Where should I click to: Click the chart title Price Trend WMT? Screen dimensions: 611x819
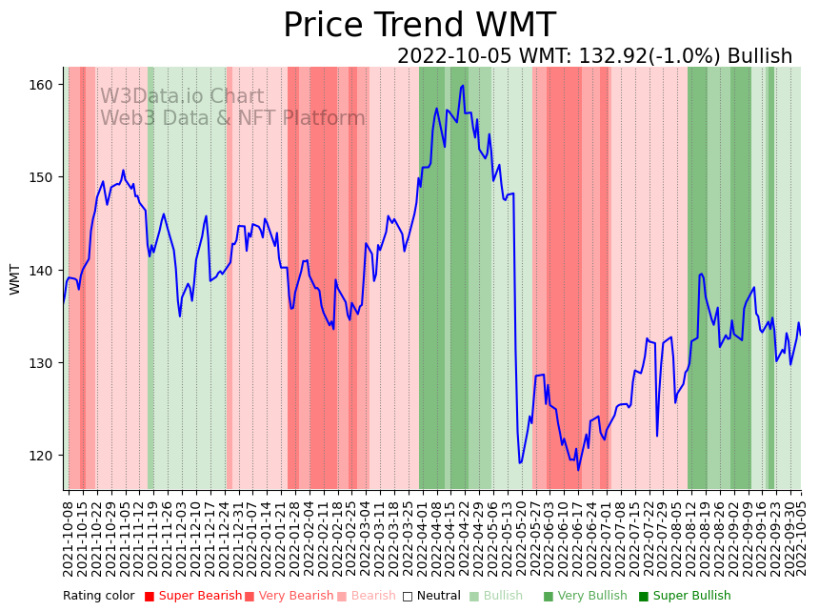pyautogui.click(x=419, y=26)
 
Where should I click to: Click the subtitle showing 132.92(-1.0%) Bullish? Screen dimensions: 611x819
pyautogui.click(x=594, y=56)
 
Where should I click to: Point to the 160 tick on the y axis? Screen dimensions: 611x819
pyautogui.click(x=43, y=85)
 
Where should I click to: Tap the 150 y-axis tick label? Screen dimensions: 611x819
pyautogui.click(x=43, y=177)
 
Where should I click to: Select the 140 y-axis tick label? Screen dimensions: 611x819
pyautogui.click(x=43, y=271)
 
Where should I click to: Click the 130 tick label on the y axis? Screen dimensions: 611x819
pyautogui.click(x=43, y=363)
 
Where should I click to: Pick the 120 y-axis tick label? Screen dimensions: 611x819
pyautogui.click(x=43, y=456)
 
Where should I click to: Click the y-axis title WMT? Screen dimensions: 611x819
pyautogui.click(x=15, y=279)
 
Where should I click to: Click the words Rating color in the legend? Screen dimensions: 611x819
pyautogui.click(x=99, y=597)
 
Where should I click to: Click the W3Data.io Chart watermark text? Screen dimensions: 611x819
pyautogui.click(x=182, y=96)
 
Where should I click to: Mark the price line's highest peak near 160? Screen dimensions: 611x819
pyautogui.click(x=463, y=86)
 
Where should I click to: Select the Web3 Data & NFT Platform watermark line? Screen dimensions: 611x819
pyautogui.click(x=232, y=118)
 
